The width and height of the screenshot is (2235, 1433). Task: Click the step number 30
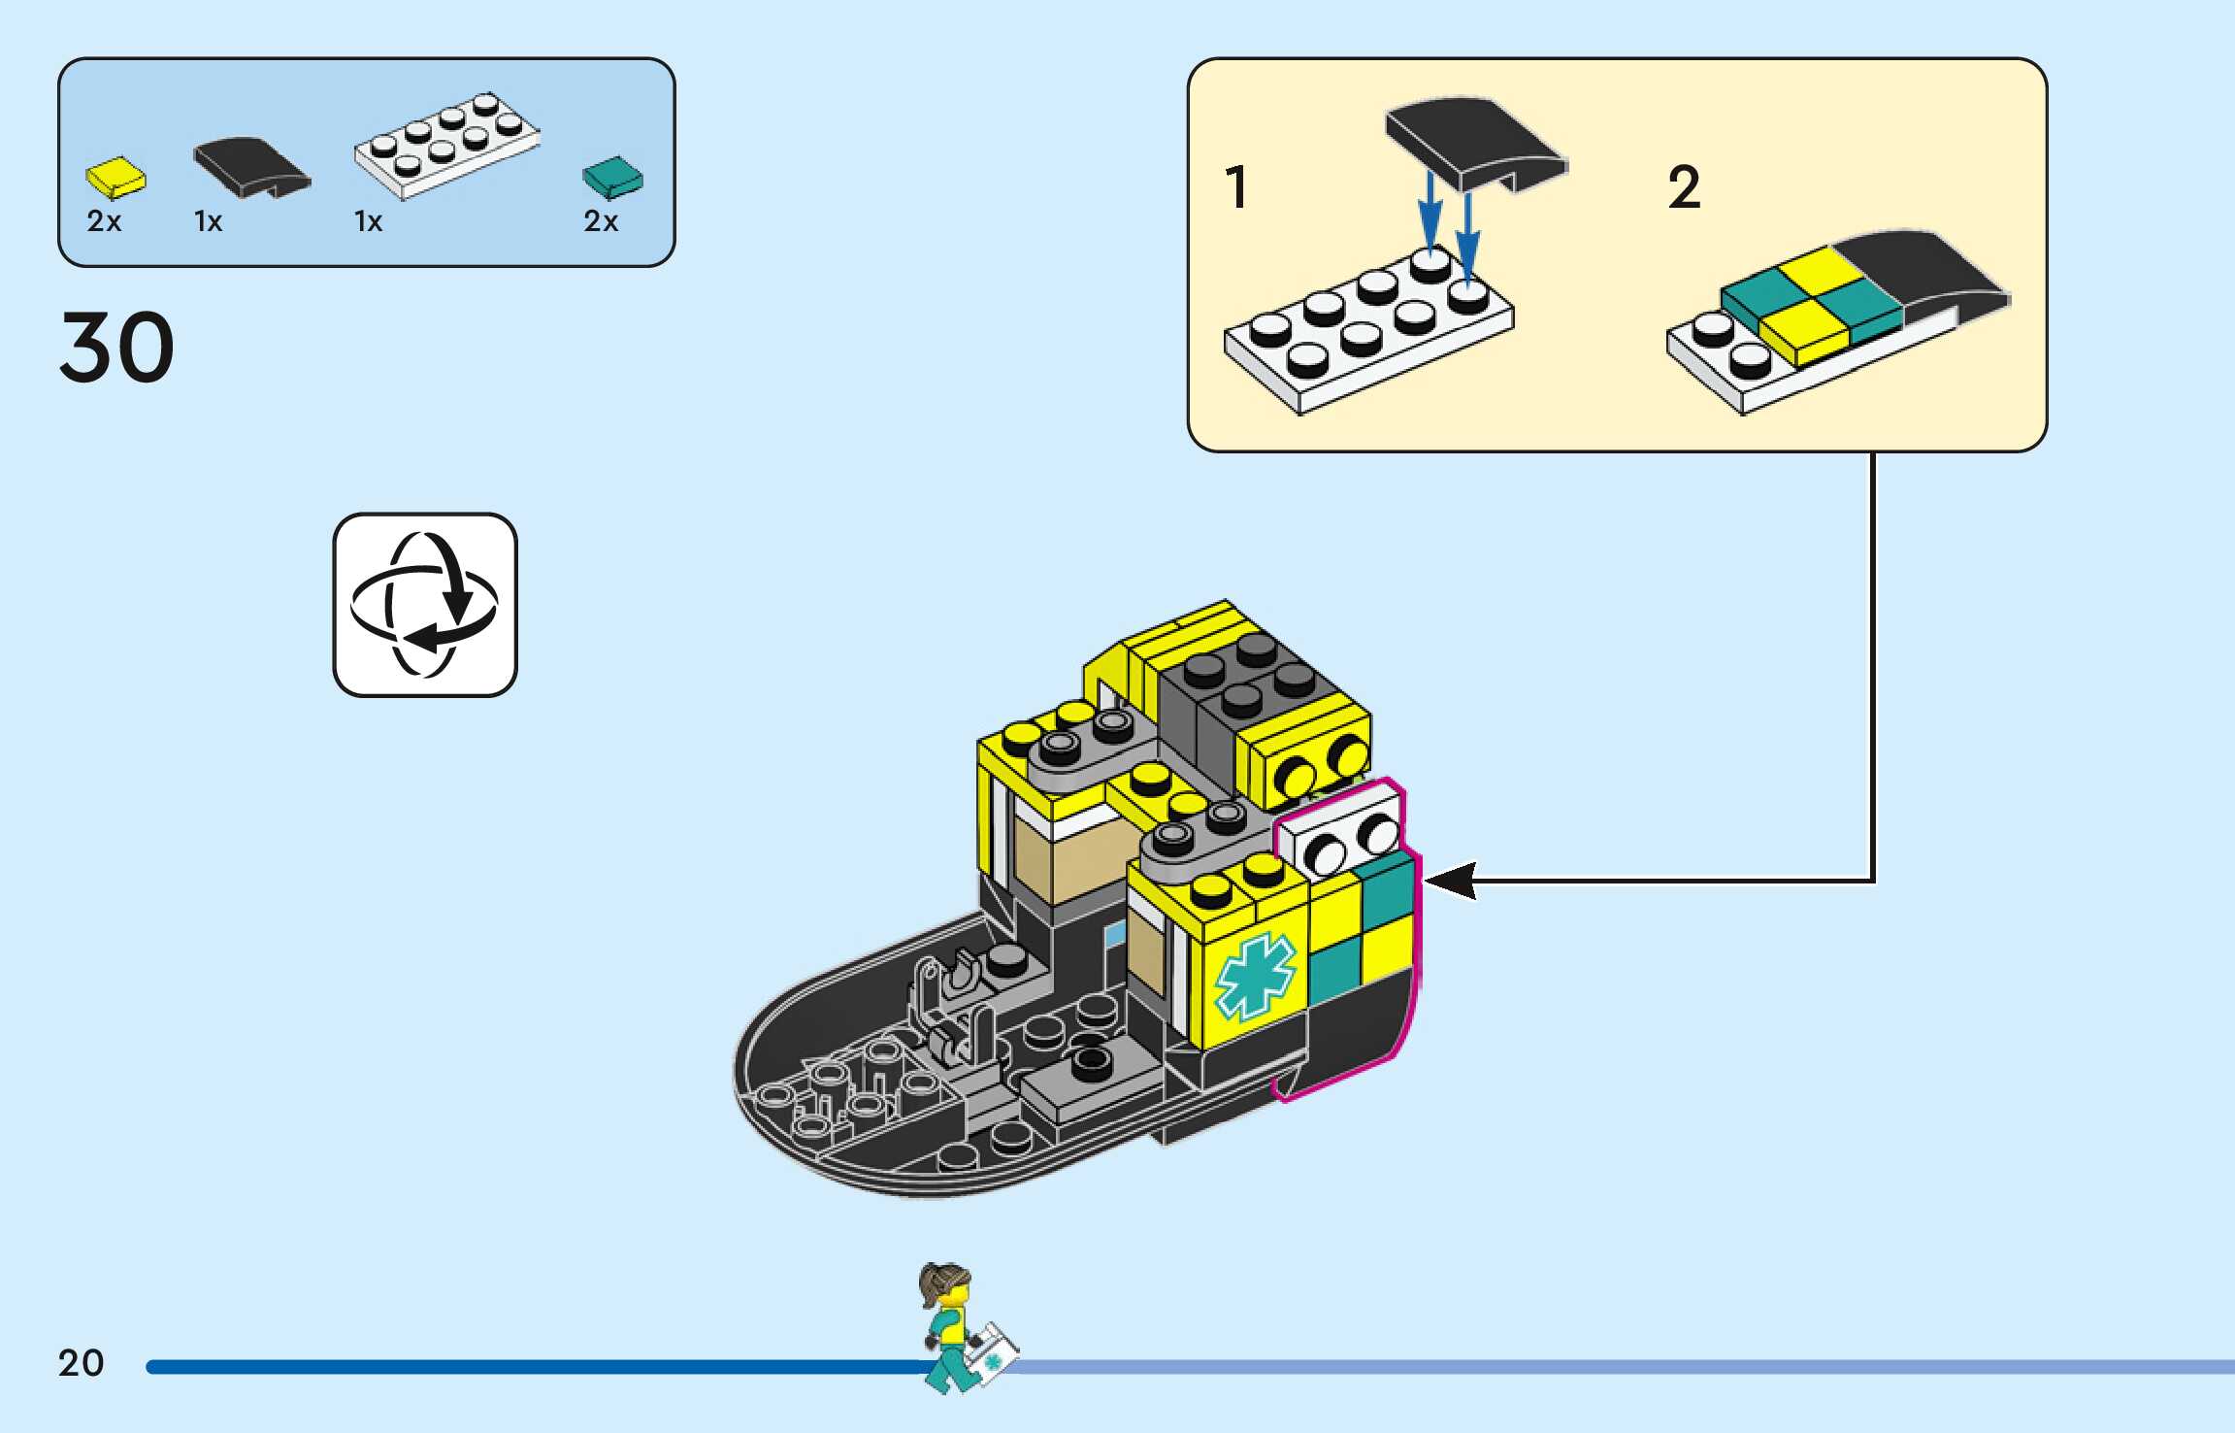116,347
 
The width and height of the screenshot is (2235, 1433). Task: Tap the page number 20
81,1363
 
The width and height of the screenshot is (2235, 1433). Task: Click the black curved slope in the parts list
250,166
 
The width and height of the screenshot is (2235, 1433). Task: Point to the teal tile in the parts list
612,177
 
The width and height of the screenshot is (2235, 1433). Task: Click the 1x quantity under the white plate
368,222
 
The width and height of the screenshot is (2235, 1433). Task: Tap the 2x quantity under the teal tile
601,222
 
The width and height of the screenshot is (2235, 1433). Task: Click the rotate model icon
425,604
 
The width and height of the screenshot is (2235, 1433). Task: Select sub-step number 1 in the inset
1235,187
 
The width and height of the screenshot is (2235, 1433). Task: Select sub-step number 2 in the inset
1684,187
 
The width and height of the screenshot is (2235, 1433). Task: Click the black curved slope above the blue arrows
1474,141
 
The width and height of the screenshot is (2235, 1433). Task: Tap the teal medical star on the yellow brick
1255,975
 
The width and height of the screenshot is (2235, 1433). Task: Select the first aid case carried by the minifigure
992,1352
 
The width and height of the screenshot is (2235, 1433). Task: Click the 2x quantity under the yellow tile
104,222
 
